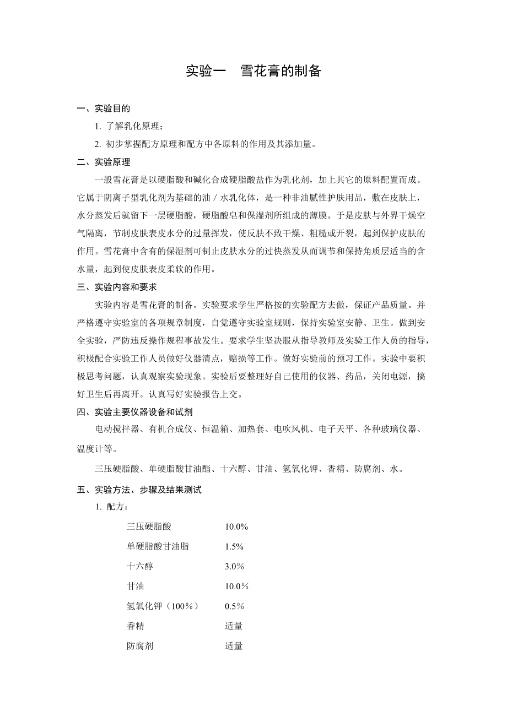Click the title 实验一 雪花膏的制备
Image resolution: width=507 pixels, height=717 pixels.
pos(253,71)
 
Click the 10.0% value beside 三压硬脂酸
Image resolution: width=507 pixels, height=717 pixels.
pos(236,527)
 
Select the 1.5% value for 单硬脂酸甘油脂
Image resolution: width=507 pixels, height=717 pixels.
pos(234,547)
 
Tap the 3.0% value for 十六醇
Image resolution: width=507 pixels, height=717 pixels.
pos(234,567)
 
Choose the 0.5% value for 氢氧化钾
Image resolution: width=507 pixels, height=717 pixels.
pos(234,606)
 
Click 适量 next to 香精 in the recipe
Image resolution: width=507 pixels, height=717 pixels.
pos(234,626)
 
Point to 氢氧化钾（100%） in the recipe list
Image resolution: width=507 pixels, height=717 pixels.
pos(162,606)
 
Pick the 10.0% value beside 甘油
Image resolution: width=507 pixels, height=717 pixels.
pos(236,586)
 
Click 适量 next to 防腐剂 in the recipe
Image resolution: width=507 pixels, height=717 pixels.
pos(234,646)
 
